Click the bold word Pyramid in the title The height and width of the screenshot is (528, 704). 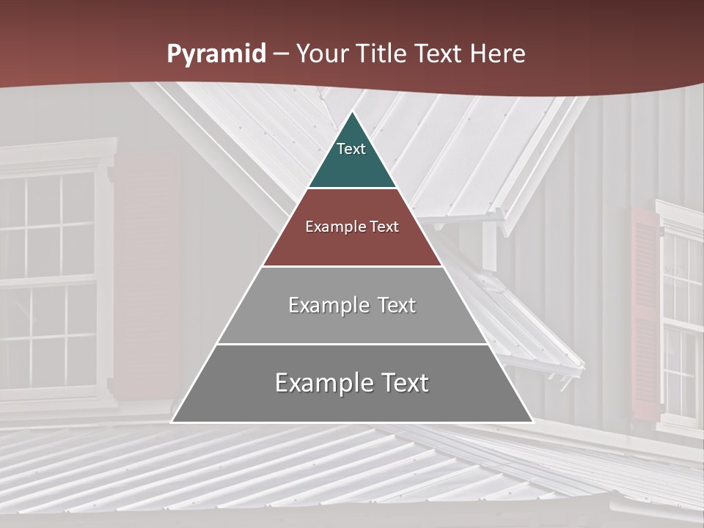coord(216,54)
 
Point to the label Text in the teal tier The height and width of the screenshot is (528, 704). coord(351,149)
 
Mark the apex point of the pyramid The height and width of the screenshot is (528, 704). coord(352,112)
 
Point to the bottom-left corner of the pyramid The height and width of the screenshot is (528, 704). coord(172,422)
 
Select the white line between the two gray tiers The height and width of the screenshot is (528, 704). coord(352,344)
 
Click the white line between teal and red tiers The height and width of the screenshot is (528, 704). coord(352,188)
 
